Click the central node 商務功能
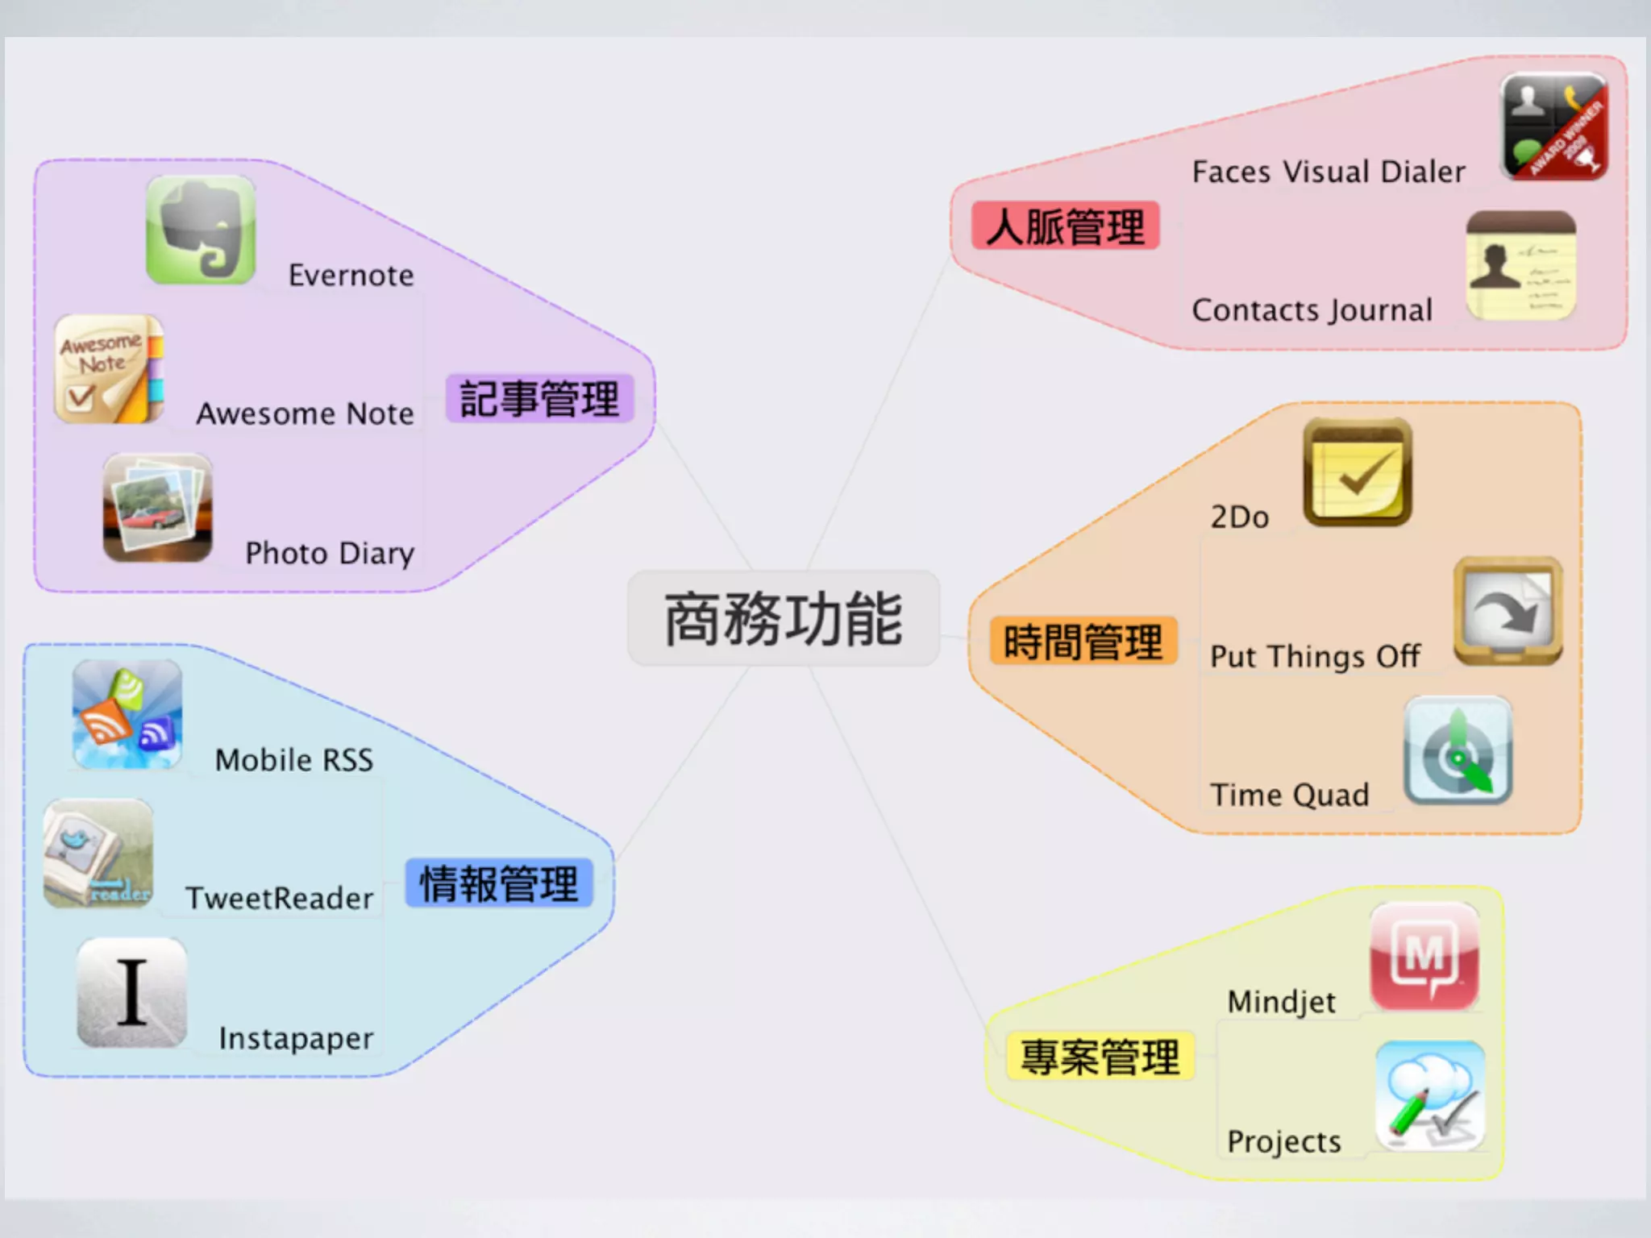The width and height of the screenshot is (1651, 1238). tap(784, 619)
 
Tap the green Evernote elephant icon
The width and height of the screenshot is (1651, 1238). tap(201, 231)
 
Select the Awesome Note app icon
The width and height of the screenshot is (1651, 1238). tap(109, 369)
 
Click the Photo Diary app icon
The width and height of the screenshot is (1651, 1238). tap(158, 508)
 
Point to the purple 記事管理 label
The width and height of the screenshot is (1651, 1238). tap(539, 399)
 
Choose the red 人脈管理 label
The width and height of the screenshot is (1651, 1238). tap(1065, 226)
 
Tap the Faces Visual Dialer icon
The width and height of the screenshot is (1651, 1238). tap(1553, 127)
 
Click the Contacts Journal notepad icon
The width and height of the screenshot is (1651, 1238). tap(1520, 266)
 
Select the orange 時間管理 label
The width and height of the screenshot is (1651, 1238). tap(1083, 642)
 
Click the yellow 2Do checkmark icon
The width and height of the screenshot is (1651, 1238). tap(1358, 472)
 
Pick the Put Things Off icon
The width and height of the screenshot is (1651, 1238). tap(1508, 611)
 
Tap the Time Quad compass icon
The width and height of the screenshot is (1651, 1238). tap(1458, 750)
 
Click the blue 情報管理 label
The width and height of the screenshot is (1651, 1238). tap(499, 883)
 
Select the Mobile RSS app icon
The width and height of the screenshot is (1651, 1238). tap(127, 714)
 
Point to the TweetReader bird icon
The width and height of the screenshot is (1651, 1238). tap(98, 854)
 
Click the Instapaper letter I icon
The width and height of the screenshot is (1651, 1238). tap(132, 992)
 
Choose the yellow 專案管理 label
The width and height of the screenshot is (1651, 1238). tap(1100, 1057)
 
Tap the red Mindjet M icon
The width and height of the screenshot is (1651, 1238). tap(1424, 957)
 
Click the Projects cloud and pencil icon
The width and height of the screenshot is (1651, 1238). tap(1429, 1096)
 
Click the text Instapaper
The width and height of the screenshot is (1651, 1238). tap(296, 1039)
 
